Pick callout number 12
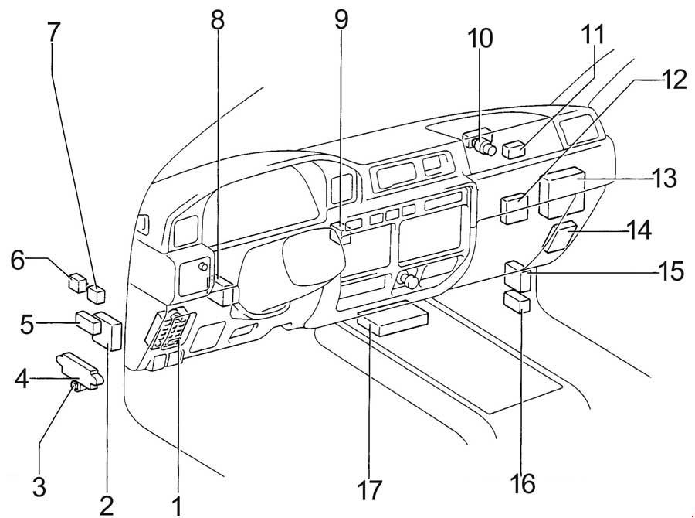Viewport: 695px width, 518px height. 673,80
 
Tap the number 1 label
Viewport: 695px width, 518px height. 177,506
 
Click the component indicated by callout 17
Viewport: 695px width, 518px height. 394,319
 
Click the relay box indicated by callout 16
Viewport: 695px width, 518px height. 518,300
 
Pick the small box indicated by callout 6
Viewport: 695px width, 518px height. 79,280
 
